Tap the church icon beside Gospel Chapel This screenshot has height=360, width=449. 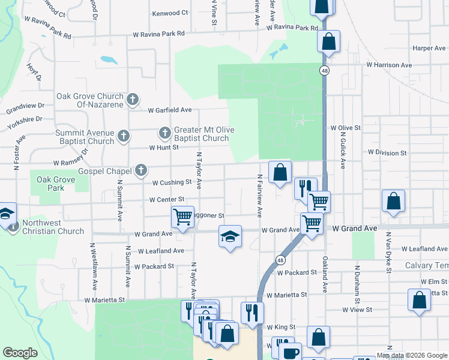pyautogui.click(x=141, y=171)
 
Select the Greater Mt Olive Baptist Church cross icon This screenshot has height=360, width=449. pyautogui.click(x=165, y=132)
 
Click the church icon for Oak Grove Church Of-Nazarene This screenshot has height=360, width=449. pyautogui.click(x=133, y=99)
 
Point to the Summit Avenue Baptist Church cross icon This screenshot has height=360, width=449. pyautogui.click(x=123, y=136)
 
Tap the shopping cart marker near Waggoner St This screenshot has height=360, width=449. pyautogui.click(x=182, y=216)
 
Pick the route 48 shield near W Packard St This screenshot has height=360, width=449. pyautogui.click(x=280, y=260)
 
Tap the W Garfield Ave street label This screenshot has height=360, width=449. pyautogui.click(x=170, y=110)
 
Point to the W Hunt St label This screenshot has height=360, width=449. pyautogui.click(x=164, y=147)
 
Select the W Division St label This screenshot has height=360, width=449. pyautogui.click(x=387, y=153)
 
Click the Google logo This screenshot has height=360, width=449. pyautogui.click(x=20, y=353)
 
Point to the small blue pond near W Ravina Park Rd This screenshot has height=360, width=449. pyautogui.click(x=109, y=60)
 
